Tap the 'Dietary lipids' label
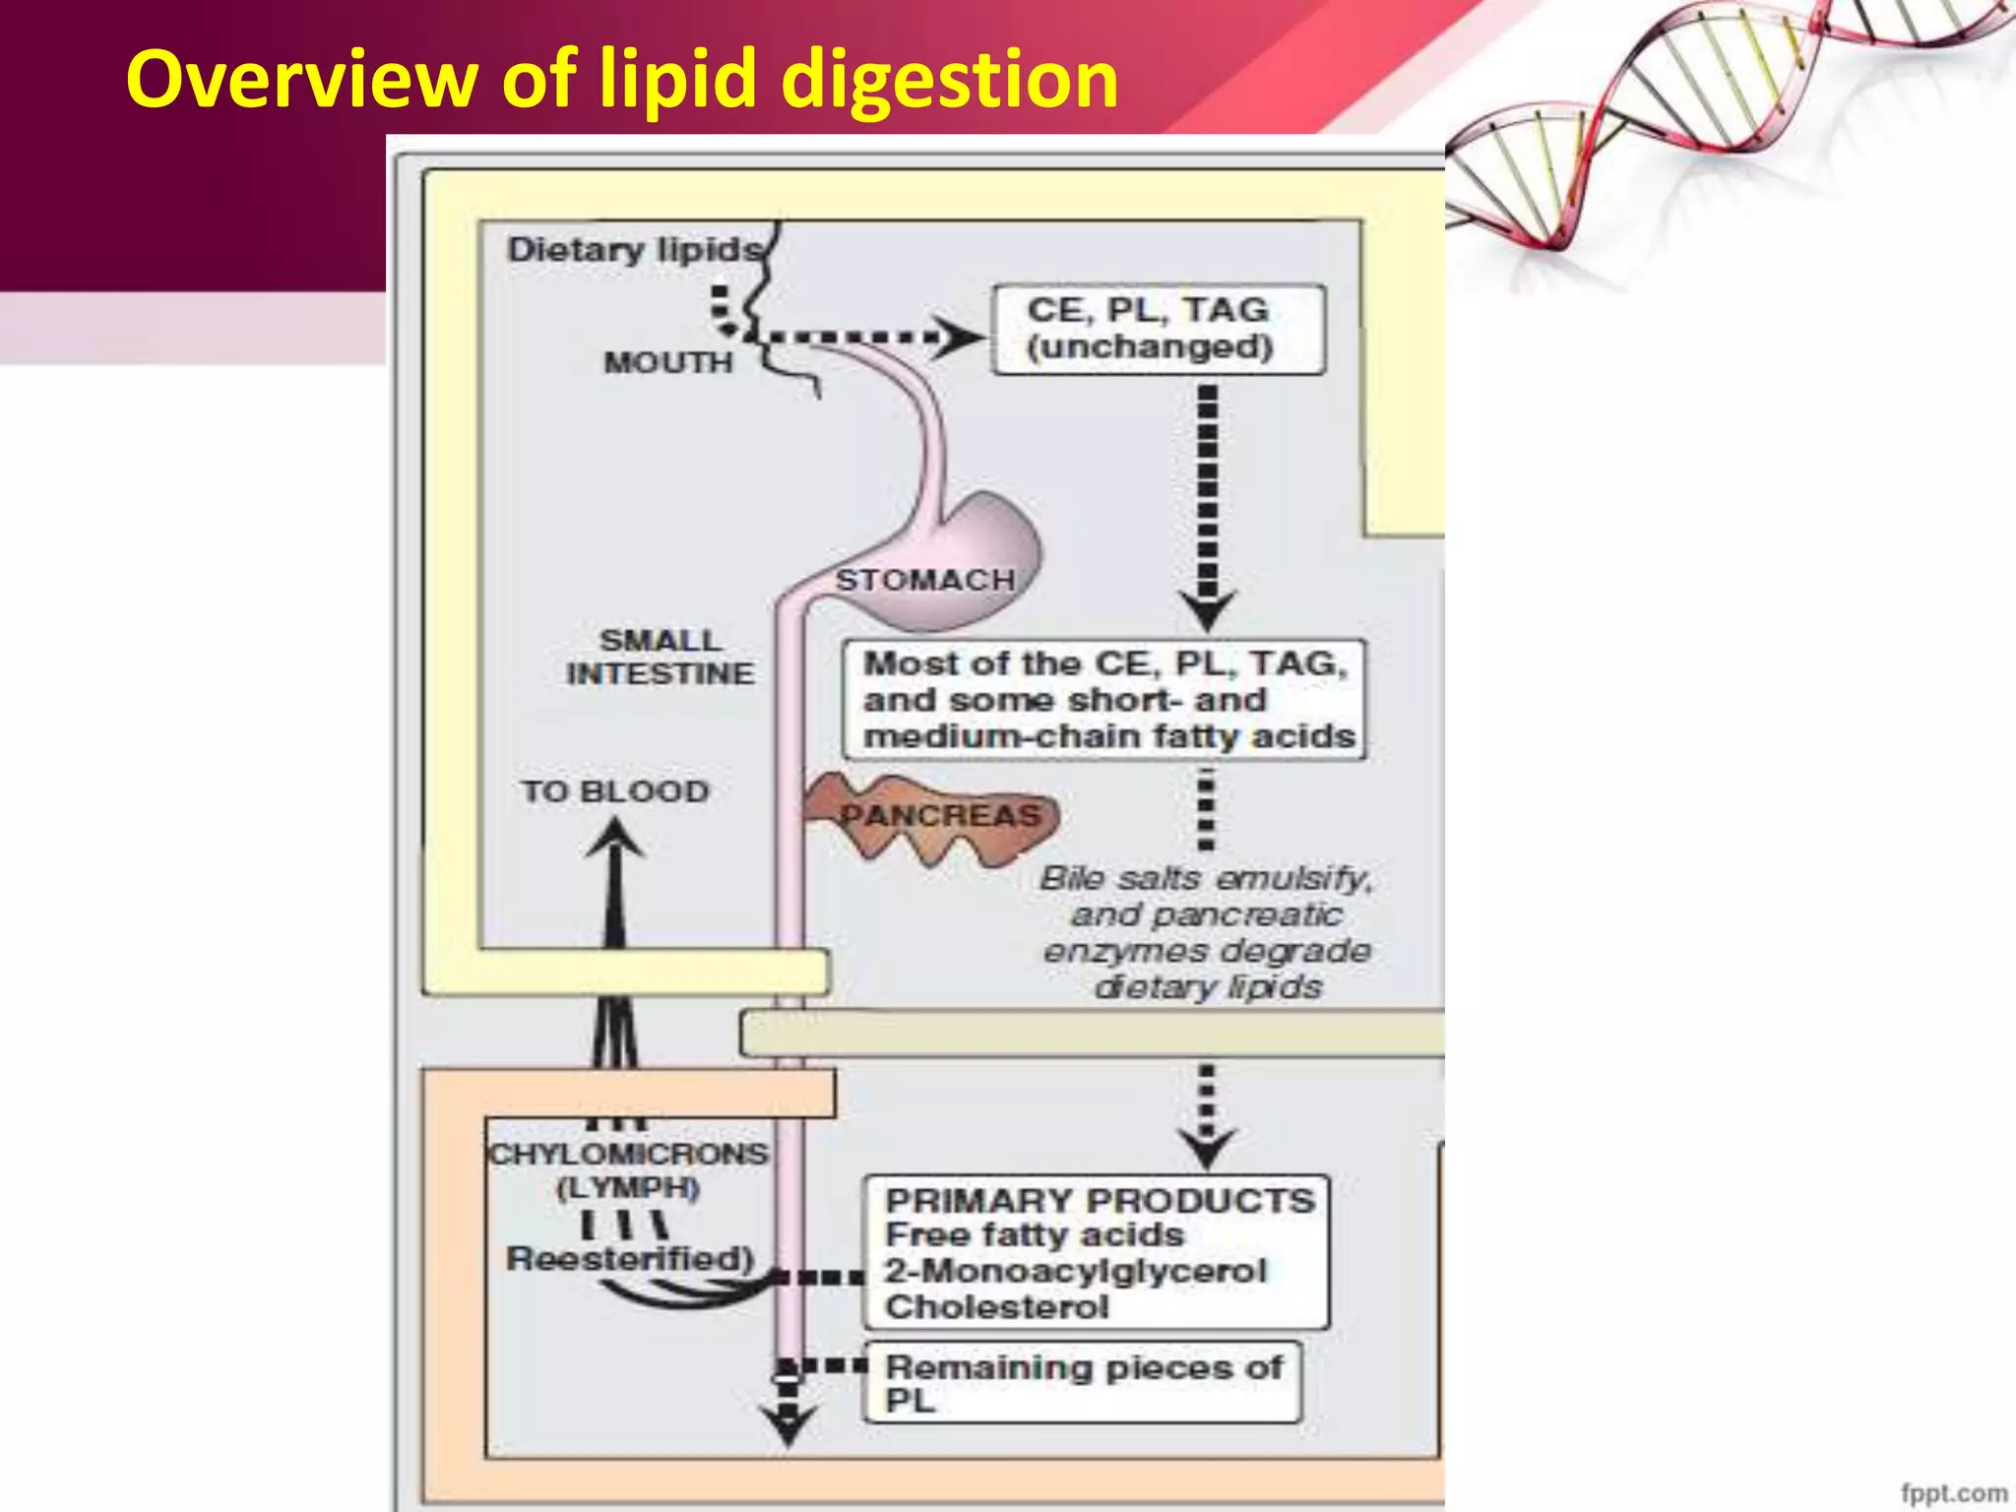(x=635, y=249)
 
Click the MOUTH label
(x=668, y=362)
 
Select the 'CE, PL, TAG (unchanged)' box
(x=1158, y=329)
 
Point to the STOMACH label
(x=924, y=580)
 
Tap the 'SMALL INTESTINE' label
(x=661, y=657)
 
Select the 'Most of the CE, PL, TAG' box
(x=1104, y=700)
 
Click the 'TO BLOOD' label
(x=615, y=791)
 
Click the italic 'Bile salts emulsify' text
(x=1206, y=877)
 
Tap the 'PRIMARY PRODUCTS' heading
(x=1100, y=1200)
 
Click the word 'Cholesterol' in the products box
(x=996, y=1307)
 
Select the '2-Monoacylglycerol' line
(x=1075, y=1271)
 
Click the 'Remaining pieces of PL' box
(x=1083, y=1382)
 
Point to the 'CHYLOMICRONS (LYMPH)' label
(x=628, y=1168)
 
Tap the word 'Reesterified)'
(x=630, y=1258)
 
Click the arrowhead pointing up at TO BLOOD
(x=614, y=840)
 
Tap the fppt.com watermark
(x=1953, y=1492)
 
